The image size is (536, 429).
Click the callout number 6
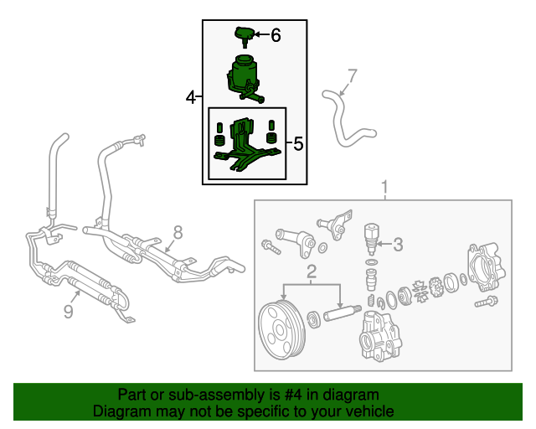276,35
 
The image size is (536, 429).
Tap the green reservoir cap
244,36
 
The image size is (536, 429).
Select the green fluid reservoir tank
244,79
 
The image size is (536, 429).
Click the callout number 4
191,97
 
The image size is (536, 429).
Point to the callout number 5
298,143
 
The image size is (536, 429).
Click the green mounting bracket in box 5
247,146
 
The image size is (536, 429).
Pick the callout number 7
352,75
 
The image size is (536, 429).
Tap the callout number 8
178,233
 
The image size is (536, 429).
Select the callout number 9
69,312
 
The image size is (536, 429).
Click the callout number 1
385,187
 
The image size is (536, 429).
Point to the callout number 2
312,271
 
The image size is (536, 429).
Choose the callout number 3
398,245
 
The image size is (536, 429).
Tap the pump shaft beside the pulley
342,313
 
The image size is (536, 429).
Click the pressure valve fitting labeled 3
372,239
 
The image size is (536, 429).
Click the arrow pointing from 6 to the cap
261,34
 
